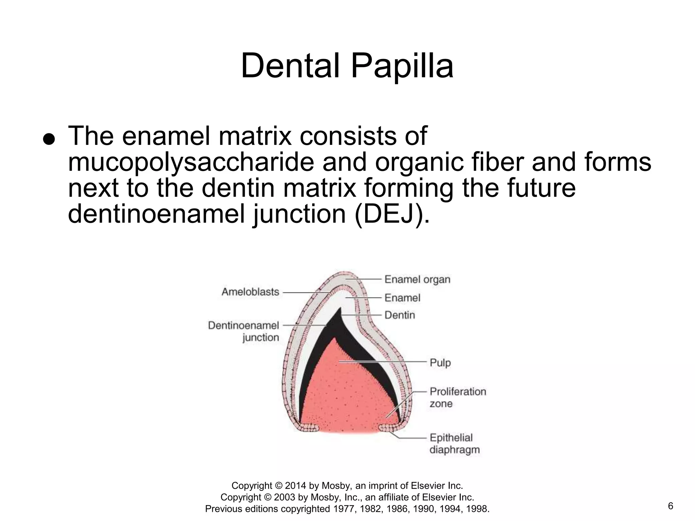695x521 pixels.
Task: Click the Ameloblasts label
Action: coord(250,292)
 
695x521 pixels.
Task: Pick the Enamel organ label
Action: coord(417,279)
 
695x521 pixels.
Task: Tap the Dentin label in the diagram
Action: coord(399,315)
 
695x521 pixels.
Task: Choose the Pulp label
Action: coord(440,363)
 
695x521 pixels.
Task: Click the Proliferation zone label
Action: coord(457,397)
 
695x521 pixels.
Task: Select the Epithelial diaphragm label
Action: coord(454,444)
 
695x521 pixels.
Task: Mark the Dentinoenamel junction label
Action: coord(244,331)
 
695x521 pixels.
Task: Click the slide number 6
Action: coord(671,506)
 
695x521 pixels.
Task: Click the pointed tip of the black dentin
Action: coord(340,309)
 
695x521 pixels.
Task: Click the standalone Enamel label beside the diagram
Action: coord(402,298)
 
